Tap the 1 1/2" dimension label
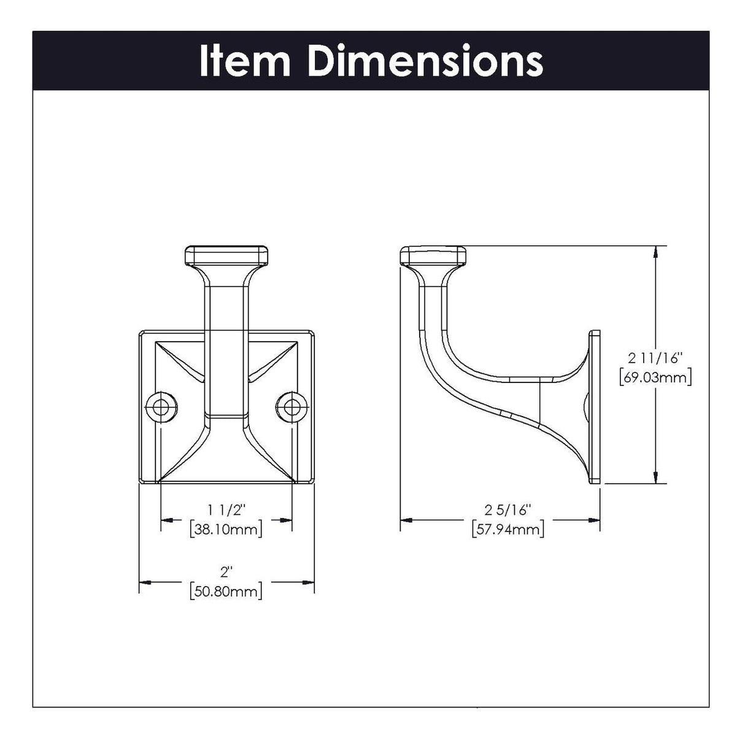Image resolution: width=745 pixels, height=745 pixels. [226, 509]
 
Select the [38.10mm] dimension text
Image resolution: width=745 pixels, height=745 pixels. [226, 528]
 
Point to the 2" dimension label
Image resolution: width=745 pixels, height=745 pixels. [227, 572]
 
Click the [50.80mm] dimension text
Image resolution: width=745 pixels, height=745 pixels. [226, 592]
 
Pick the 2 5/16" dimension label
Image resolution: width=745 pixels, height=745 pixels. [508, 509]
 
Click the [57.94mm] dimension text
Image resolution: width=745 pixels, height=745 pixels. [508, 529]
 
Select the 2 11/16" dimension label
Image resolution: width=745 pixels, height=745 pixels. [655, 357]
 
